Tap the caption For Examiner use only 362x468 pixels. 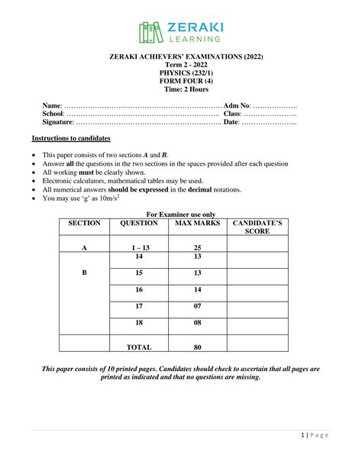pos(180,215)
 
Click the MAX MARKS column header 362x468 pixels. pos(197,223)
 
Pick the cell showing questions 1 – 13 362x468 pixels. pos(139,248)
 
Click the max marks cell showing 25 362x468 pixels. pos(197,248)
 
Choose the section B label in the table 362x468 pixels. pos(84,273)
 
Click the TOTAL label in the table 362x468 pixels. pos(139,347)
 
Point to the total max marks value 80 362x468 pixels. pos(197,347)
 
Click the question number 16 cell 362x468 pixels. pos(139,290)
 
